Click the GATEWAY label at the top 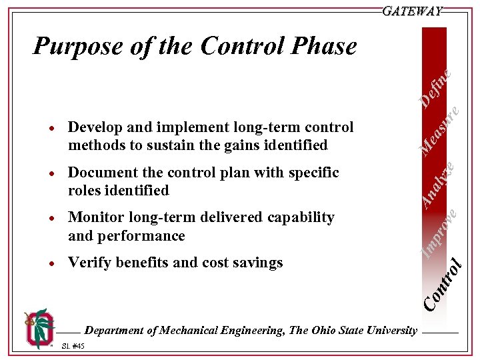point(412,11)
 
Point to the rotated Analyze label point(440,182)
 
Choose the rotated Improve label point(441,233)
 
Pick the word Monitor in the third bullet point(97,217)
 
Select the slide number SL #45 point(72,346)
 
